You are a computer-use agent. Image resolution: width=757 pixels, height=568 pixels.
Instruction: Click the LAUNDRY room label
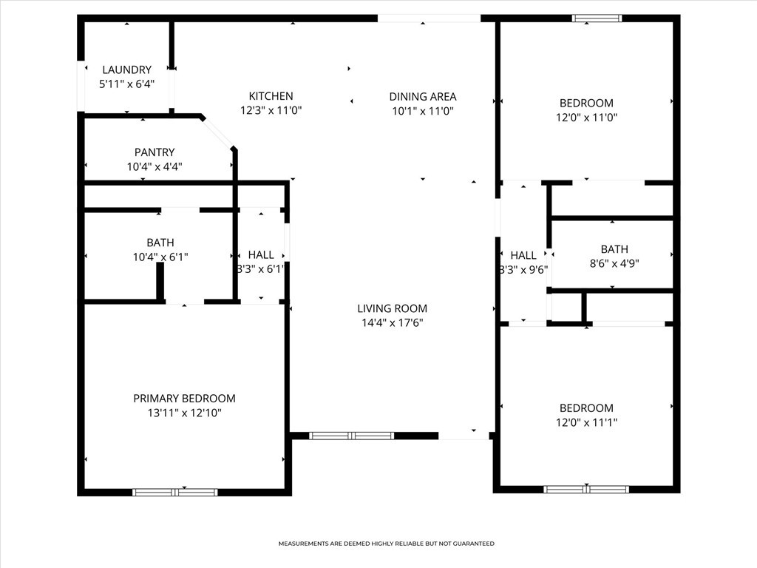tap(127, 70)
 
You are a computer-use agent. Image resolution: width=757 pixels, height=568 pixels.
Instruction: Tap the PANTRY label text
tap(155, 152)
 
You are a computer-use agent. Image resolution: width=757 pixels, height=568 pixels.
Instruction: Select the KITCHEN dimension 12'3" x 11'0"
tap(271, 111)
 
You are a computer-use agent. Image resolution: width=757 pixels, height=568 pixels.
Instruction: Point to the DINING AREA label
tap(423, 97)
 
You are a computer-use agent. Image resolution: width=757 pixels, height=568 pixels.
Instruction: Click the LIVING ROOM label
tap(392, 308)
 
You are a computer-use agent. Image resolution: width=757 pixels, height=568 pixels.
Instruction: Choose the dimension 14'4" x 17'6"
tap(392, 322)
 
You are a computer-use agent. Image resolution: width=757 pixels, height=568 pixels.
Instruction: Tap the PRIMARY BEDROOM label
tap(184, 399)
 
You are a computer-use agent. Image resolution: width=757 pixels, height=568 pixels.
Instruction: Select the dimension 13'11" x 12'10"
tap(184, 413)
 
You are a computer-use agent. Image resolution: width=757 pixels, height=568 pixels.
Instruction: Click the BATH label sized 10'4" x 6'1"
tap(160, 243)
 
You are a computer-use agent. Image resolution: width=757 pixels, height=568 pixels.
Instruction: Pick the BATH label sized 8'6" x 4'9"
tap(614, 249)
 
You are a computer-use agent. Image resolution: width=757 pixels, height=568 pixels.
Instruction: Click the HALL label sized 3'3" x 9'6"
tap(523, 255)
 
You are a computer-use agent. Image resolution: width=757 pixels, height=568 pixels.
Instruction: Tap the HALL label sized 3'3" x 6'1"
tap(261, 254)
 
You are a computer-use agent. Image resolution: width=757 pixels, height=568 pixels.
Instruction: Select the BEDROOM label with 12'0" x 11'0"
tap(586, 103)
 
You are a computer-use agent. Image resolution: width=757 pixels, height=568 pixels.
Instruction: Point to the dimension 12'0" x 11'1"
tap(586, 422)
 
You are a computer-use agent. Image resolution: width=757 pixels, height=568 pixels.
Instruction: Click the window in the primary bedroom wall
tap(175, 493)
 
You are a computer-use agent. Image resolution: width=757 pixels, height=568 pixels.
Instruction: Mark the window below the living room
tap(351, 436)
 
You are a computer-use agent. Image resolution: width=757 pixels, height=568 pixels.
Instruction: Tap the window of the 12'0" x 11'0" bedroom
tap(597, 18)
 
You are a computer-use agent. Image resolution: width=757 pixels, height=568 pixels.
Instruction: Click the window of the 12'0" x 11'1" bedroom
tap(586, 490)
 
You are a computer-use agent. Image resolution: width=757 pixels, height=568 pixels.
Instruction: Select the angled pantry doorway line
tap(217, 132)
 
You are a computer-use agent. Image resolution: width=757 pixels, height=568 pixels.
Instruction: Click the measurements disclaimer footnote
tap(386, 544)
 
